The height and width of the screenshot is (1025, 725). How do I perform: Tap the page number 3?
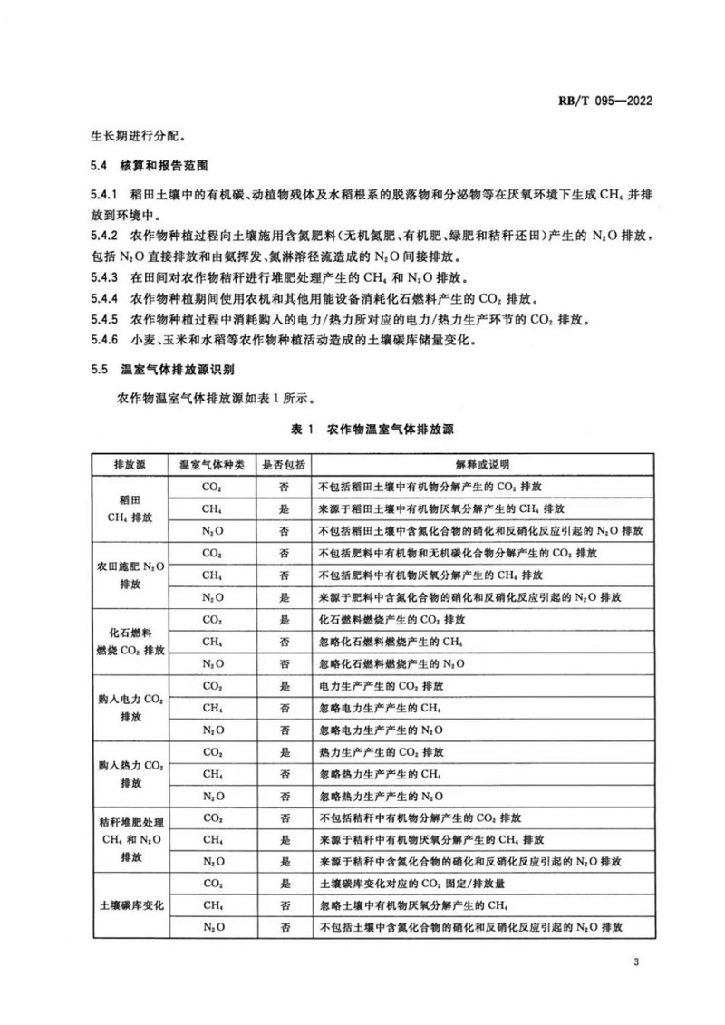point(637,962)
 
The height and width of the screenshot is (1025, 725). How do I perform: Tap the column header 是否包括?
point(285,464)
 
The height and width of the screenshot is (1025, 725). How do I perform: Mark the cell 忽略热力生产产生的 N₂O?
point(380,796)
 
